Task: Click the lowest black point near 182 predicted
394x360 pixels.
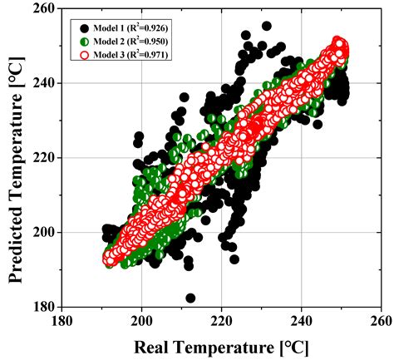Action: pos(191,298)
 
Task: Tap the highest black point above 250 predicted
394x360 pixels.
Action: pos(266,26)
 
